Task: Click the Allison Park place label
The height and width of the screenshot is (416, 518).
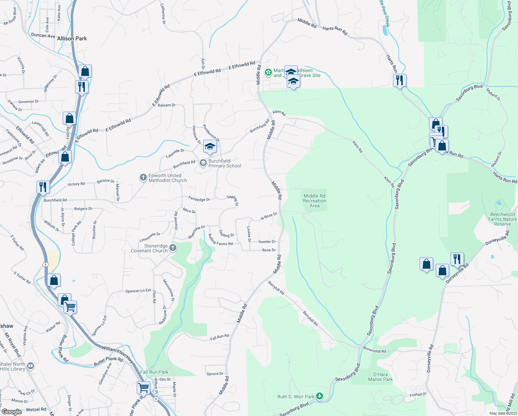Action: (72, 38)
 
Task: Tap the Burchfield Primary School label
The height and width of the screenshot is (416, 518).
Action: (224, 163)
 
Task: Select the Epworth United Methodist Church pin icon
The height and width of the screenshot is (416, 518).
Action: (143, 178)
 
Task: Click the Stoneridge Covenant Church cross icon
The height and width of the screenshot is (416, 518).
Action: (173, 248)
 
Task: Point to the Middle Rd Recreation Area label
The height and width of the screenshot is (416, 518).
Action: (314, 201)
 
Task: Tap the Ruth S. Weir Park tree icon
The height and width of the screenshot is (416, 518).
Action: (320, 396)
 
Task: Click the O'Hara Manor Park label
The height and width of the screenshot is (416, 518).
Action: (380, 377)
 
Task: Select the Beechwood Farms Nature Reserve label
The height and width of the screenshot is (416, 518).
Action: (502, 219)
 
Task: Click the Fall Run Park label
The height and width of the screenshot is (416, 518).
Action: (154, 372)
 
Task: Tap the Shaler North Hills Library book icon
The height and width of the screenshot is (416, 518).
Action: (30, 366)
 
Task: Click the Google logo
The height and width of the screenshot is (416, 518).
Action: (11, 412)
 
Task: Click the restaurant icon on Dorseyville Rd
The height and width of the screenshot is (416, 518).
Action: (457, 259)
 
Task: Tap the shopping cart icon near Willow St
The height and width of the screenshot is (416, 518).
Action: (143, 387)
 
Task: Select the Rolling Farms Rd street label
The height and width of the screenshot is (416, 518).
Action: (221, 240)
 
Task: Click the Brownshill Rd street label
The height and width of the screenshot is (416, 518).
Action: (374, 350)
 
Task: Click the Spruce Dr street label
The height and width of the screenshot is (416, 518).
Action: (215, 374)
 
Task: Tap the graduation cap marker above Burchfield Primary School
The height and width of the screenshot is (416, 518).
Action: (210, 147)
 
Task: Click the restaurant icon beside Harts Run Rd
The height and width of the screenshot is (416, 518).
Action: (400, 80)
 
